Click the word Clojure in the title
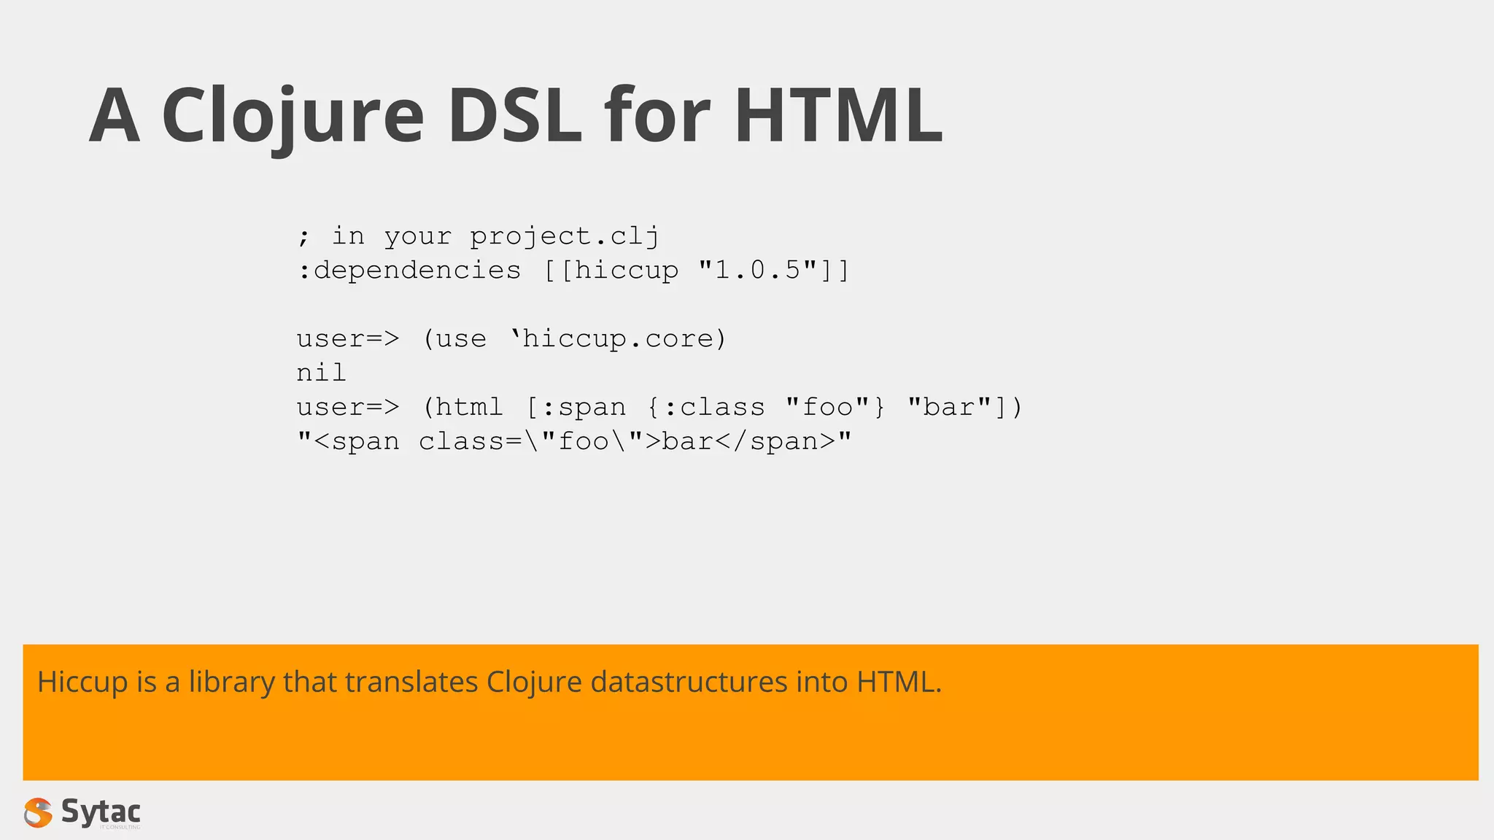pyautogui.click(x=293, y=117)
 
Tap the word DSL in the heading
pyautogui.click(x=515, y=117)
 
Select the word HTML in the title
pyautogui.click(x=838, y=117)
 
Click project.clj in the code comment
pyautogui.click(x=565, y=236)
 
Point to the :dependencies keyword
pyautogui.click(x=409, y=271)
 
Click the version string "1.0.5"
pyautogui.click(x=758, y=271)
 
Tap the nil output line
pyautogui.click(x=321, y=373)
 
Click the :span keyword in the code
pyautogui.click(x=584, y=408)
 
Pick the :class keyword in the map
pyautogui.click(x=714, y=408)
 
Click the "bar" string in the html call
pyautogui.click(x=949, y=408)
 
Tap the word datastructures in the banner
pyautogui.click(x=689, y=682)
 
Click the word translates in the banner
pyautogui.click(x=411, y=682)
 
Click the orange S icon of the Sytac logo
pyautogui.click(x=38, y=812)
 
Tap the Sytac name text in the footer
pyautogui.click(x=101, y=811)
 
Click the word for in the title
pyautogui.click(x=657, y=117)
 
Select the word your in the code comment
pyautogui.click(x=417, y=236)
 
